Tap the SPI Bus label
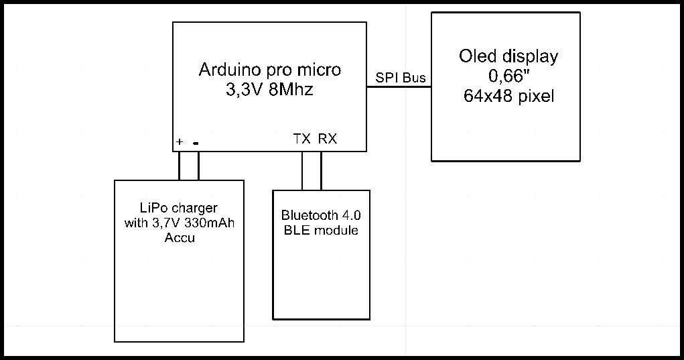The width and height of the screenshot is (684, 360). (401, 78)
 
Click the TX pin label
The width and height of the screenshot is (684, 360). (302, 139)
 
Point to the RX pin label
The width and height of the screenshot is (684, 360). (328, 139)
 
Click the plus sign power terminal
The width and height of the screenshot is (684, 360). (180, 142)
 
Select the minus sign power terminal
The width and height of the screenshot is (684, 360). (196, 143)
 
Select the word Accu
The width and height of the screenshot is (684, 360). (180, 238)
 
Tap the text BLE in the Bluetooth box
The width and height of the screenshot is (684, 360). (294, 231)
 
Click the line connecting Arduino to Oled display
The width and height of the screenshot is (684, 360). (399, 86)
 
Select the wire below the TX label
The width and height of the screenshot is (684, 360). (302, 171)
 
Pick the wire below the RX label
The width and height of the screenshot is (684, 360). (321, 171)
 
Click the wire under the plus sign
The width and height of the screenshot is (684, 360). (179, 166)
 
